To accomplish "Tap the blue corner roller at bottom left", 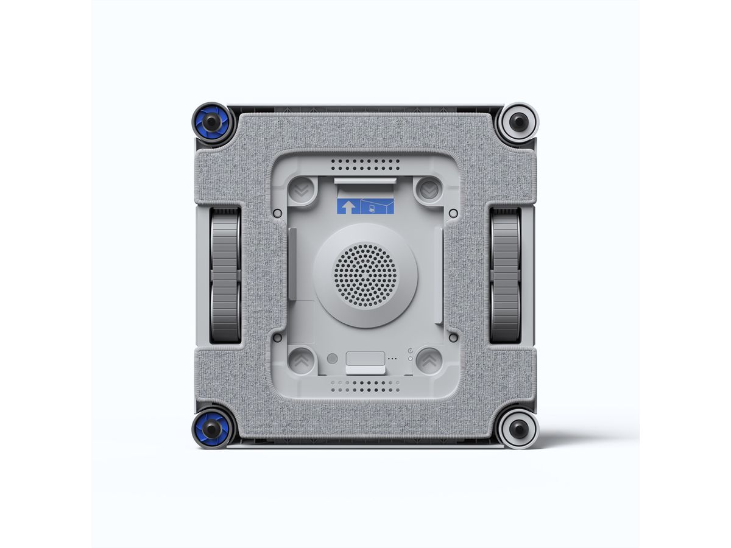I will tap(211, 428).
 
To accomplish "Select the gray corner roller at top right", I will tap(518, 122).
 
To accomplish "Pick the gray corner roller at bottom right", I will tap(518, 428).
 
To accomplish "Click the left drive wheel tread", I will tap(225, 275).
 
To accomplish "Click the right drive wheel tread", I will tap(505, 275).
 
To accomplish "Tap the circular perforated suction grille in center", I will tap(365, 275).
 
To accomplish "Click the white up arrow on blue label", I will tap(348, 206).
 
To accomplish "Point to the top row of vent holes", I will tap(365, 165).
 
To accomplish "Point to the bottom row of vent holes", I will tap(365, 385).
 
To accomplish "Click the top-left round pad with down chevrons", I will tap(300, 191).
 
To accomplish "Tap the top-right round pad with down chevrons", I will tap(430, 191).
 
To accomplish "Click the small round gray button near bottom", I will tap(332, 359).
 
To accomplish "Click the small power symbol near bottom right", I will tap(412, 351).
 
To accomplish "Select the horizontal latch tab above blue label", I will tap(365, 181).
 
